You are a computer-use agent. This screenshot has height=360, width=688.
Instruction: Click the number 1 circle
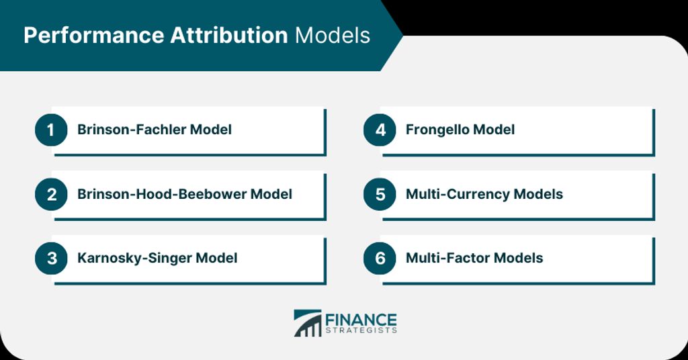[x=51, y=130]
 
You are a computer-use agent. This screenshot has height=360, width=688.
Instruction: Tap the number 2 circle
[x=51, y=194]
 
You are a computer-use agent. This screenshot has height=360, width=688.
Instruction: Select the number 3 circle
[x=51, y=259]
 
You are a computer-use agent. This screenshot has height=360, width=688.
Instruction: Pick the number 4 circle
[x=380, y=130]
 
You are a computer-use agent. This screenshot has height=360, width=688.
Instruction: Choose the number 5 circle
[x=380, y=194]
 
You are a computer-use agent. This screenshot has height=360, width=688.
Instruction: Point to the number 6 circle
[x=380, y=259]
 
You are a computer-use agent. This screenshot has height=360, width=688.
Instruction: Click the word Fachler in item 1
[x=161, y=130]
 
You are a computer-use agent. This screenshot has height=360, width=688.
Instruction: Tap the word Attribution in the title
[x=228, y=35]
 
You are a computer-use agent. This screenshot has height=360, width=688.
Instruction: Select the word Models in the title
[x=333, y=35]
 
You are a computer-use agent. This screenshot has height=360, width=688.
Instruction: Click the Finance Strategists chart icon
[x=308, y=323]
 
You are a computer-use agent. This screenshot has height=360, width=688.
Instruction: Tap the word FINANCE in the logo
[x=361, y=320]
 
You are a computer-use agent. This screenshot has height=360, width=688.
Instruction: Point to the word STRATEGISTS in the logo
[x=361, y=330]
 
